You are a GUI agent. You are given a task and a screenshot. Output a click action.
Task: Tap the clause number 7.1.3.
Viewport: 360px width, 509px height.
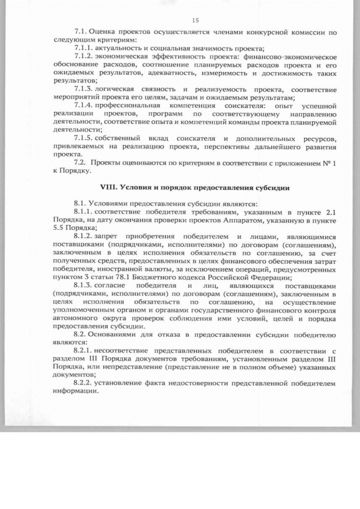(84, 89)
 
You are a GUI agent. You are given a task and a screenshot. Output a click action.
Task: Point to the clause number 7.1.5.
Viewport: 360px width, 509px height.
(84, 138)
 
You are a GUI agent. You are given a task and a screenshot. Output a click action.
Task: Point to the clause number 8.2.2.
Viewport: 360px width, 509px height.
(84, 384)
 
